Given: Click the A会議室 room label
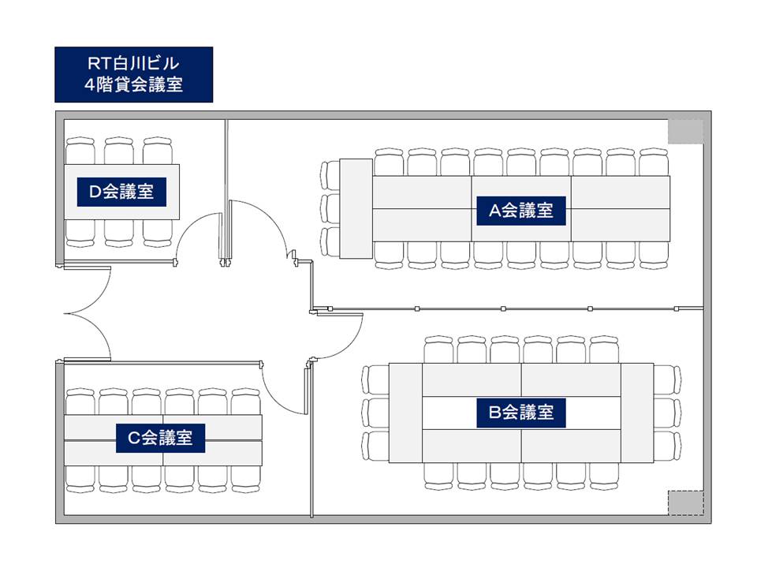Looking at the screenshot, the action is pos(521,211).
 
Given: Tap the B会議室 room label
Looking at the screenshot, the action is pos(521,413).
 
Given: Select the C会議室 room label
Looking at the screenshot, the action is pos(160,438).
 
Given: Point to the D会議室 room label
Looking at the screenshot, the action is pos(121,192).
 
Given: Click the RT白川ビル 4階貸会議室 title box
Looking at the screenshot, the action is pos(134,74).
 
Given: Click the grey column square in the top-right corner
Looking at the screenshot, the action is pos(685,132).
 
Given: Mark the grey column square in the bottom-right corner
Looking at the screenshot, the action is pos(685,503).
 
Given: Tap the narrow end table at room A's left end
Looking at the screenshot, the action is pos(356,208).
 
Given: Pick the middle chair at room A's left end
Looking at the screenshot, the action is pos(330,208).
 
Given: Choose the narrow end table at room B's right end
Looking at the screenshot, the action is pos(637,413).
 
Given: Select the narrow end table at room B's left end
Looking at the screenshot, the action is pos(405,413).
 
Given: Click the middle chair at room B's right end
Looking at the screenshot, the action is pos(667,413).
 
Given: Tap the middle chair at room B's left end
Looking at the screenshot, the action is pos(375,413).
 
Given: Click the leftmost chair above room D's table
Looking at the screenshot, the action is pos(80,151).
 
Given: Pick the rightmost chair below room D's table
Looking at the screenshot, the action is pos(158,234).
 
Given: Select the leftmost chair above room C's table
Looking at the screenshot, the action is pos(80,402).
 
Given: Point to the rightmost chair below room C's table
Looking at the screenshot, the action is pos(246,479).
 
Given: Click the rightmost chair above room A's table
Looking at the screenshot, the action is pos(654,163).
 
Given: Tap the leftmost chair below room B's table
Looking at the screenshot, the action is pos(439,476).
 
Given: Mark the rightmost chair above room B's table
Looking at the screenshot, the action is pos(604,349).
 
